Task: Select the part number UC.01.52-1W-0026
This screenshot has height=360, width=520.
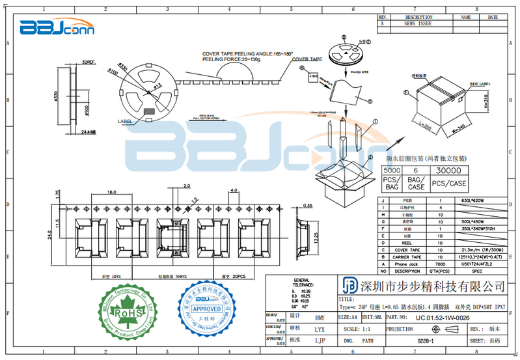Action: (x=442, y=317)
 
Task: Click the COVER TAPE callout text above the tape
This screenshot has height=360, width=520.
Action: (x=307, y=59)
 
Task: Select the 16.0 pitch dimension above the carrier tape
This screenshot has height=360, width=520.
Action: (x=112, y=192)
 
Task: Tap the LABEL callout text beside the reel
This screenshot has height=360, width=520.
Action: (x=124, y=122)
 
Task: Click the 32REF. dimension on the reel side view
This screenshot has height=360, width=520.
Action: (x=89, y=62)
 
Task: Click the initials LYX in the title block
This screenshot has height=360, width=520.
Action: (x=320, y=329)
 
